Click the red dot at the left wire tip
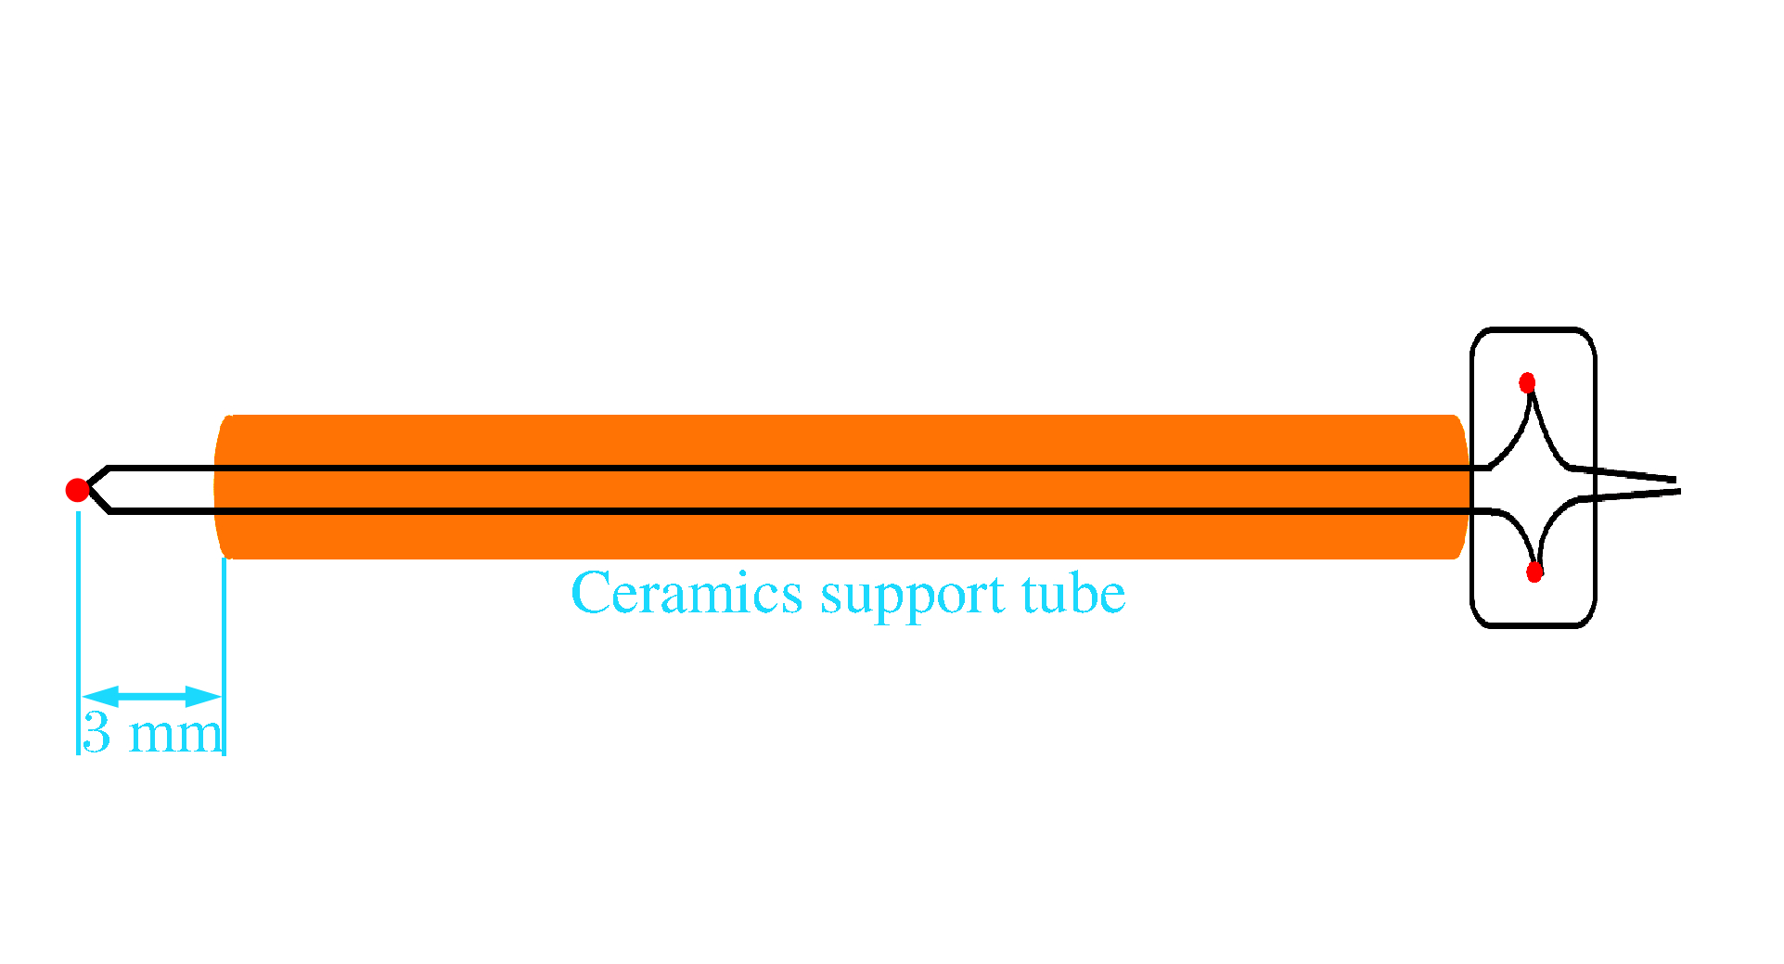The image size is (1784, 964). tap(78, 490)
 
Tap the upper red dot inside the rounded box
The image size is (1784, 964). tap(1527, 382)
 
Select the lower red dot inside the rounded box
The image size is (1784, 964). tap(1534, 572)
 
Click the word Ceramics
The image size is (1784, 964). tap(687, 593)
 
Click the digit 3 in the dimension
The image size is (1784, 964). tap(96, 732)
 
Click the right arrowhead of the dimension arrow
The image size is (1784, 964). tap(204, 697)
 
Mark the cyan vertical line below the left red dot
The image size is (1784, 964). tap(78, 633)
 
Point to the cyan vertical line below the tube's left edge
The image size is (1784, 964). tap(224, 656)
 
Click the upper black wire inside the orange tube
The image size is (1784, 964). tap(844, 469)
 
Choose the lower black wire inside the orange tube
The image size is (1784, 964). tap(844, 510)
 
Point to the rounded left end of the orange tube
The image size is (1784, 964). tap(220, 486)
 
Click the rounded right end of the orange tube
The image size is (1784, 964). tap(1461, 486)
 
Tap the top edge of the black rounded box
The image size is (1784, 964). tap(1533, 329)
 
